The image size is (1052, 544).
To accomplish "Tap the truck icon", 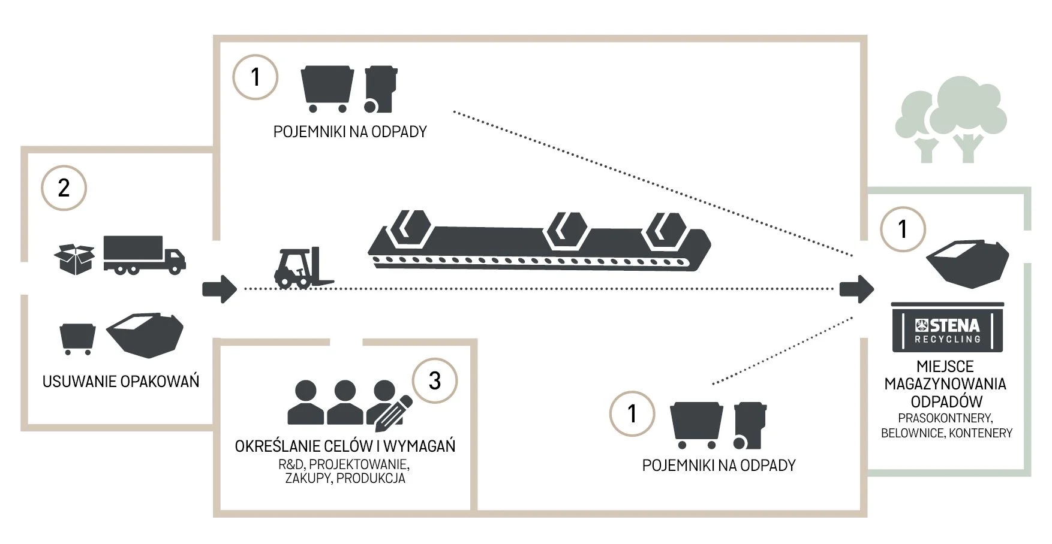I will pos(144,254).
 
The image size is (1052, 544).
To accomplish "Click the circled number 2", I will pos(64,188).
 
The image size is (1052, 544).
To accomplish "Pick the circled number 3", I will pos(435,380).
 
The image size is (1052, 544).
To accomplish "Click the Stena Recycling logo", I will pos(948,330).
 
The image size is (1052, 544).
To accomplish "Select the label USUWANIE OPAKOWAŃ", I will pos(121,382).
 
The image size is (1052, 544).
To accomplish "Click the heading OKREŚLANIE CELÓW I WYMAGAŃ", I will pos(345,446).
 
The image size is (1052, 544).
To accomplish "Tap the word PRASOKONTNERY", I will pos(945,418).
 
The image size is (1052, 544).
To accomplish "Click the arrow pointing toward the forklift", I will pos(220,289).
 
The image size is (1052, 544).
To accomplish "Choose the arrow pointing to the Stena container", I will pos(856,289).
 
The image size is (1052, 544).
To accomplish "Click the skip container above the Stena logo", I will pos(967,264).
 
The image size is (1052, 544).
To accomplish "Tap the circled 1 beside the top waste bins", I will pos(256,77).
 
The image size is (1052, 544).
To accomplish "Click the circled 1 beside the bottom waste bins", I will pos(632,413).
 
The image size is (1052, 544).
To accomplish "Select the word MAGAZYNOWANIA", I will pos(945,384).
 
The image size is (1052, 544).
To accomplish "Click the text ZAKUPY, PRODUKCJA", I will pos(345,479).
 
